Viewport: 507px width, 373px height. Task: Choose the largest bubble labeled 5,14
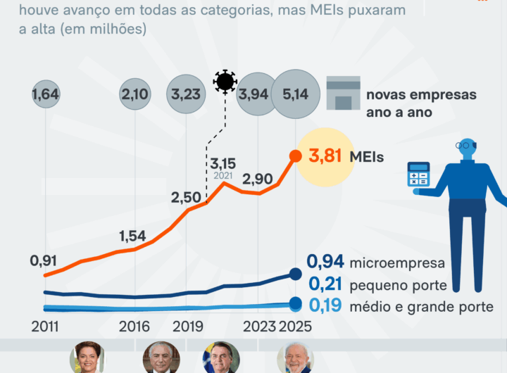(x=296, y=94)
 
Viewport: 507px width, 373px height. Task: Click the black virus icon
(x=225, y=82)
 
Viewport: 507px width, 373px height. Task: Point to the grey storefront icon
(x=343, y=94)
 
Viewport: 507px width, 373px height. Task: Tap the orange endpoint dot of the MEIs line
(x=295, y=156)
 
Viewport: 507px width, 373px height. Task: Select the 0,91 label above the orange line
(x=44, y=260)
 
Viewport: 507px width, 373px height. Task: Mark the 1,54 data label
(x=134, y=235)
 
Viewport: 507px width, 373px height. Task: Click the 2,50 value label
(x=187, y=198)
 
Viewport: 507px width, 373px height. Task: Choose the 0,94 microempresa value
(x=325, y=263)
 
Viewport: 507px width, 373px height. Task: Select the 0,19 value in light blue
(x=325, y=306)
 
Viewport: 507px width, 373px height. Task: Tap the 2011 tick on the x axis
(x=45, y=327)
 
